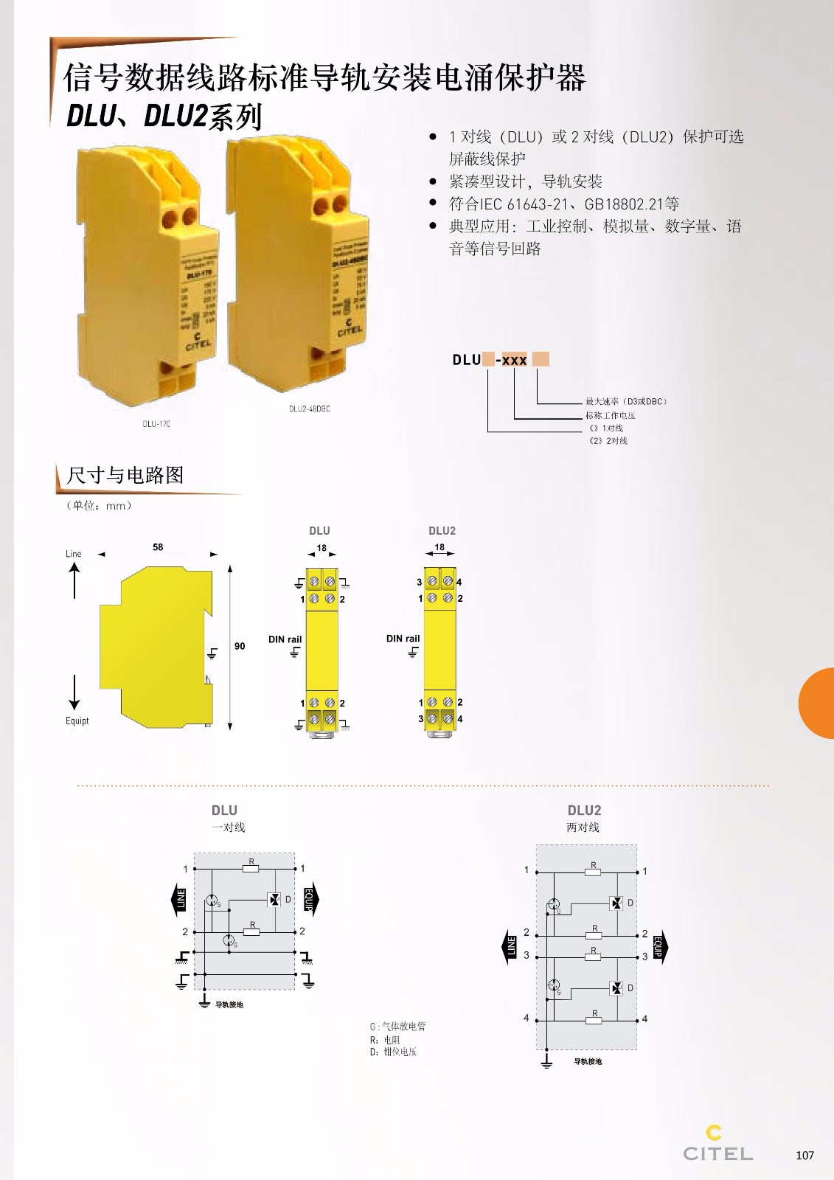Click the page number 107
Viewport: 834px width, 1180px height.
click(805, 1155)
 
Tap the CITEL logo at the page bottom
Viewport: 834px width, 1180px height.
click(717, 1145)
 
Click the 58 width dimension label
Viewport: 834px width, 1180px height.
click(158, 547)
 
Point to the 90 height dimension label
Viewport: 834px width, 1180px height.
click(240, 646)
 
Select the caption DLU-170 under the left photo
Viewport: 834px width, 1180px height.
click(156, 424)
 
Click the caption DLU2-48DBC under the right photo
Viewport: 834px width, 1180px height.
click(310, 409)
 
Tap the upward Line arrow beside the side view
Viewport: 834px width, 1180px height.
click(74, 580)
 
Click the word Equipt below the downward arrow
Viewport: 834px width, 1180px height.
click(77, 721)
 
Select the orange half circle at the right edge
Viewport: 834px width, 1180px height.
click(817, 703)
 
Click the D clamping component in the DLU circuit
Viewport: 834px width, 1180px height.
click(275, 899)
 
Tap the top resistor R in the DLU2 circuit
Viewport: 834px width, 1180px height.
click(593, 872)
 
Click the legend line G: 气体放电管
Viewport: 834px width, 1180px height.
click(397, 1027)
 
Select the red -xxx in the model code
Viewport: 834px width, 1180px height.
click(511, 360)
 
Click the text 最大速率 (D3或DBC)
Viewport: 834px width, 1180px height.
click(626, 401)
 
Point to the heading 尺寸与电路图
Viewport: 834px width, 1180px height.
click(125, 475)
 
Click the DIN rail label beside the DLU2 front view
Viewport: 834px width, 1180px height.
click(403, 639)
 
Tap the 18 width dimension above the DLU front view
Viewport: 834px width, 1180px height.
click(322, 548)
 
